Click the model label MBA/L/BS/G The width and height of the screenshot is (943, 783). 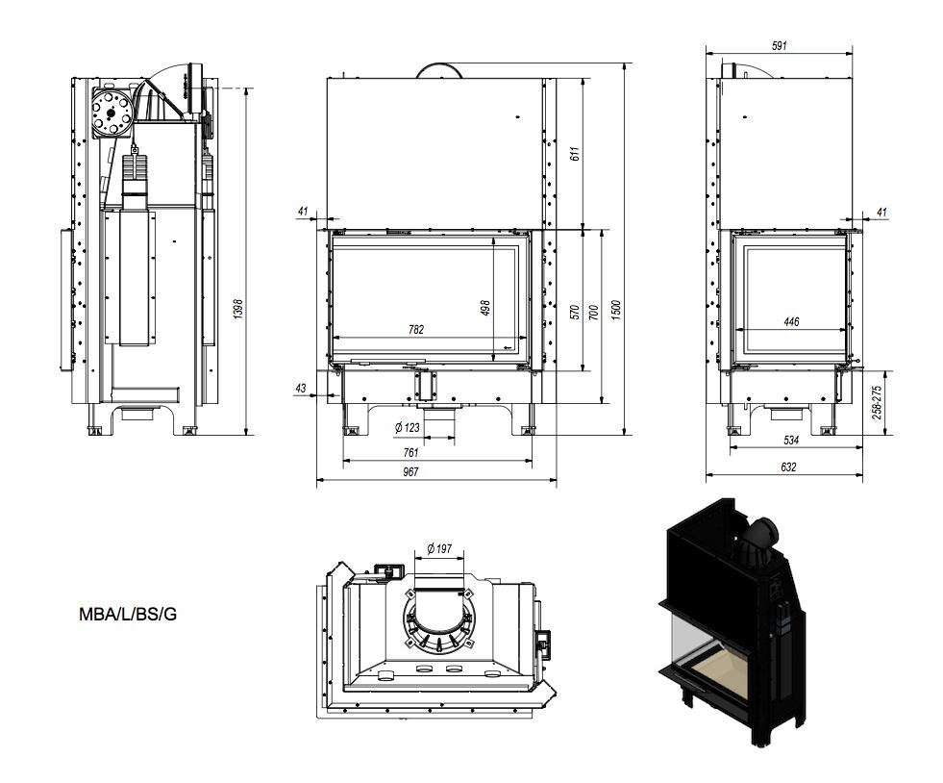click(128, 615)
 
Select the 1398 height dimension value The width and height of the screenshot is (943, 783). click(238, 308)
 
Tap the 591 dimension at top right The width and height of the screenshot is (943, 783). click(779, 45)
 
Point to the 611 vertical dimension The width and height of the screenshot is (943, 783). click(576, 154)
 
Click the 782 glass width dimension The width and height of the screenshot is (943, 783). click(416, 329)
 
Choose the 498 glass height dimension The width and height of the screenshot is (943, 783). click(486, 308)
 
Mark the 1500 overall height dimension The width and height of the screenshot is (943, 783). click(614, 310)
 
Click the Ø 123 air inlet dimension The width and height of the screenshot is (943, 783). click(408, 427)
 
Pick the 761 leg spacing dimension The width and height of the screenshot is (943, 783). click(410, 453)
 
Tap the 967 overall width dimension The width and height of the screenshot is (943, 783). click(410, 472)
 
